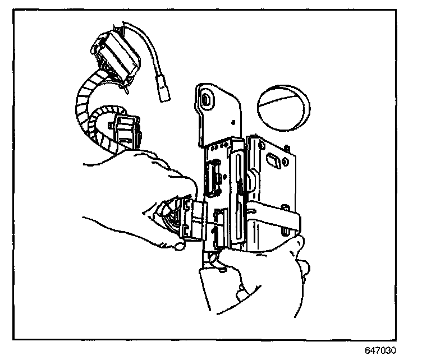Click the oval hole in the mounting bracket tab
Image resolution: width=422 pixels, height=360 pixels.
tap(207, 100)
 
